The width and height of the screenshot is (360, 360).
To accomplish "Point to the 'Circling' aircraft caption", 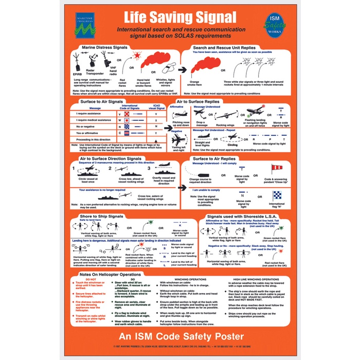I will pyautogui.click(x=232, y=145).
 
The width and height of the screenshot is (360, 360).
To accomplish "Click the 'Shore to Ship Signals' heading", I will pyautogui.click(x=102, y=216).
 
